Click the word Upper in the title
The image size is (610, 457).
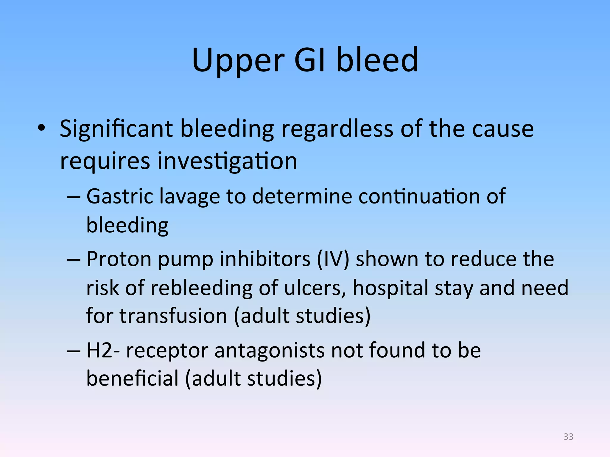pyautogui.click(x=238, y=61)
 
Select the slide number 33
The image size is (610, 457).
pyautogui.click(x=568, y=436)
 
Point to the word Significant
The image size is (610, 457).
pyautogui.click(x=116, y=129)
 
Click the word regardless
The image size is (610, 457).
pyautogui.click(x=337, y=129)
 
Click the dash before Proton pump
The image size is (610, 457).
pyautogui.click(x=74, y=259)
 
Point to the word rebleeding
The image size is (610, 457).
pyautogui.click(x=201, y=288)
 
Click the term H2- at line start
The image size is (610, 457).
pyautogui.click(x=103, y=350)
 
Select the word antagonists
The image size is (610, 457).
pyautogui.click(x=269, y=350)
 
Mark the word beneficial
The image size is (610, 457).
pyautogui.click(x=132, y=379)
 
